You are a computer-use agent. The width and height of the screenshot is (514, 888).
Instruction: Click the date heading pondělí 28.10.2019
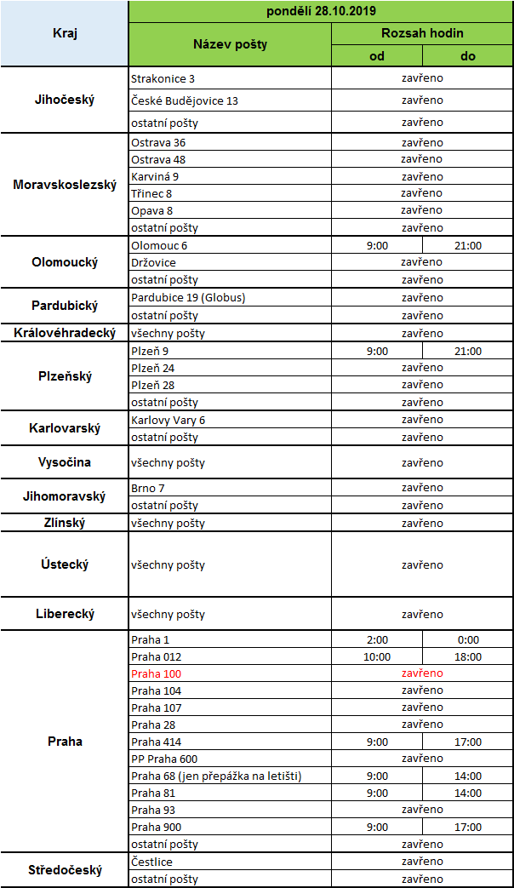pyautogui.click(x=320, y=12)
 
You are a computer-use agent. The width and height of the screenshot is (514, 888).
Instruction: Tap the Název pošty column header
pyautogui.click(x=230, y=44)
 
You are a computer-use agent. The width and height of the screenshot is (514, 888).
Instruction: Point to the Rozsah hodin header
pyautogui.click(x=422, y=34)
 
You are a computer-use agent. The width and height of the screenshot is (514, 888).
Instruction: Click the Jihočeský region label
pyautogui.click(x=65, y=100)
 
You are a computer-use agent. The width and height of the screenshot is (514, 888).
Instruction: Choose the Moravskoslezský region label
pyautogui.click(x=65, y=184)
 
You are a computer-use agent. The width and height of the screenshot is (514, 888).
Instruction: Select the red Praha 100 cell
pyautogui.click(x=156, y=673)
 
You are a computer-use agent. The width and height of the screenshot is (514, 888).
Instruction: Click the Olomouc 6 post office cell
pyautogui.click(x=159, y=245)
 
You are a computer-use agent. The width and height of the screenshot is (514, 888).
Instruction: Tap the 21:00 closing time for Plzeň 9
pyautogui.click(x=468, y=351)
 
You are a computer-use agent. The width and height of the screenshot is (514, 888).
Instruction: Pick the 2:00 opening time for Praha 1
pyautogui.click(x=377, y=639)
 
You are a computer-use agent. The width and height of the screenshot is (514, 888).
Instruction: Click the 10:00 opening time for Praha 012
pyautogui.click(x=377, y=656)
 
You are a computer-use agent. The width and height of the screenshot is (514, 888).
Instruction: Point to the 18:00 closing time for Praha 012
pyautogui.click(x=468, y=656)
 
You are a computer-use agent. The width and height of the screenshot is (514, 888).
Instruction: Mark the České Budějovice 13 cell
pyautogui.click(x=185, y=100)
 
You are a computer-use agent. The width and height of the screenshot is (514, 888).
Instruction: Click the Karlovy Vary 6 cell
pyautogui.click(x=168, y=420)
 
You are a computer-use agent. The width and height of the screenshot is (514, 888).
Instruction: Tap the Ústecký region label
pyautogui.click(x=65, y=564)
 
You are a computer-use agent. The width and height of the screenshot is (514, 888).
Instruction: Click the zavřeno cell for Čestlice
pyautogui.click(x=422, y=862)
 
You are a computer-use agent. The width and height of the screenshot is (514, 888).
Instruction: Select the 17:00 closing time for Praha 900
pyautogui.click(x=468, y=827)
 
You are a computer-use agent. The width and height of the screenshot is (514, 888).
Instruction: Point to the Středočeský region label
pyautogui.click(x=65, y=869)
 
